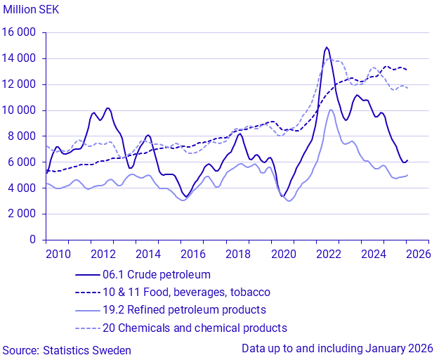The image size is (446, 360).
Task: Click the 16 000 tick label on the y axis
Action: tap(20, 33)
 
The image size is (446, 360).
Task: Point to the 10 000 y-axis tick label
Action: tap(20, 110)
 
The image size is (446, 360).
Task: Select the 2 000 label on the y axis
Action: tap(22, 214)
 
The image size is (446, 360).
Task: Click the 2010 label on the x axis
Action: tap(58, 254)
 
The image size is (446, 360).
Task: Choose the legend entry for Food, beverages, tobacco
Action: tap(185, 292)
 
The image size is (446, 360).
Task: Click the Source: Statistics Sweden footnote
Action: tap(66, 349)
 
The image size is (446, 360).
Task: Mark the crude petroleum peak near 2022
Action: tap(327, 48)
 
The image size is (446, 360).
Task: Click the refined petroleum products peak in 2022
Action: tap(331, 110)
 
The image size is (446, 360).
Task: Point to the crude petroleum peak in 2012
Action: tap(107, 108)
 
